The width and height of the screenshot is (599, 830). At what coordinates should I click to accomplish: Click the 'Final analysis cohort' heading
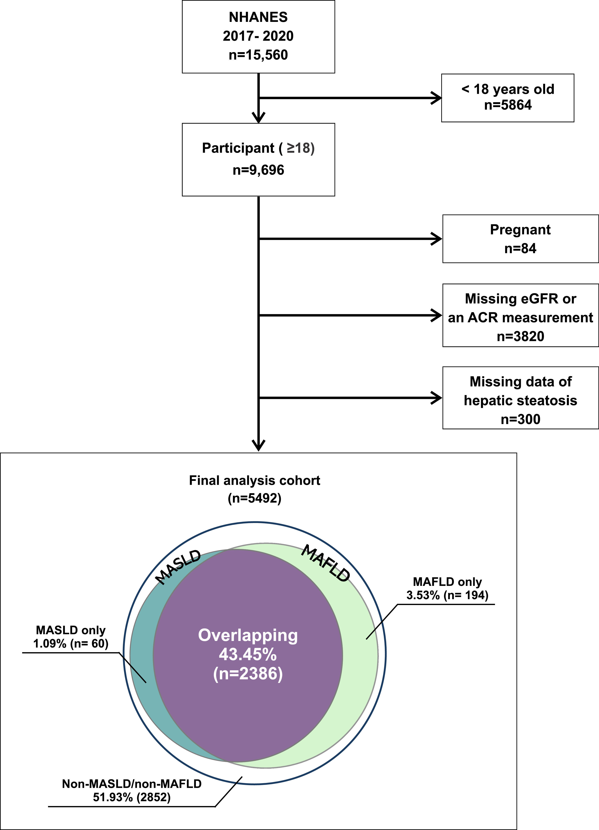click(254, 480)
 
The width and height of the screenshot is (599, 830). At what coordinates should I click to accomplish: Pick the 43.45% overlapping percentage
click(248, 654)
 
